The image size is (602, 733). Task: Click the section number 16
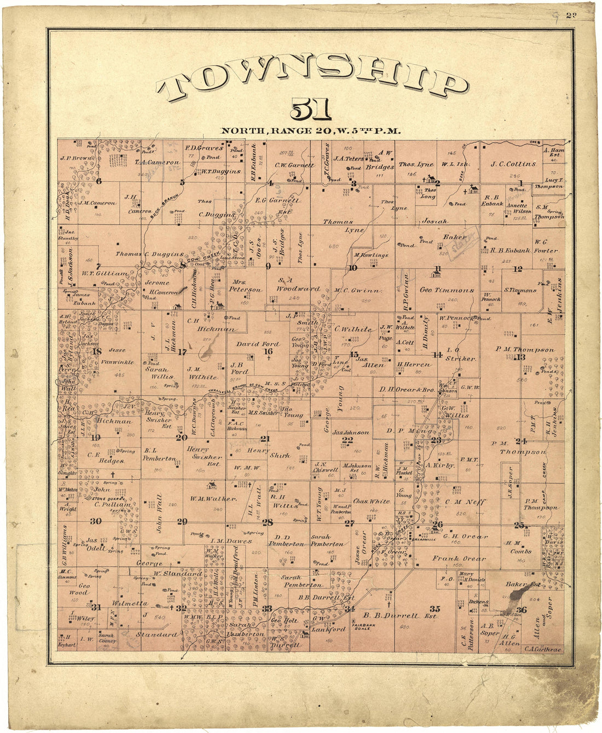pyautogui.click(x=268, y=351)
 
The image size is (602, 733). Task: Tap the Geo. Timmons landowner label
pyautogui.click(x=447, y=291)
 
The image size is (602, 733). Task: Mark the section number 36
pyautogui.click(x=521, y=610)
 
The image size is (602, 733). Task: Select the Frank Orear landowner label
pyautogui.click(x=459, y=559)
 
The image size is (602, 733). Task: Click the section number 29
pyautogui.click(x=182, y=522)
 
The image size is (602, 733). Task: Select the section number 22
pyautogui.click(x=347, y=440)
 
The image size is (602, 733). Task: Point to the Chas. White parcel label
pyautogui.click(x=371, y=501)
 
